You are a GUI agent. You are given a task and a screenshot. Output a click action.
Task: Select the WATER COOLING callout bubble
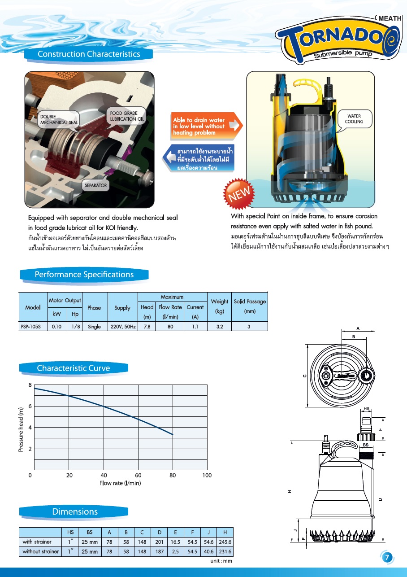point(354,119)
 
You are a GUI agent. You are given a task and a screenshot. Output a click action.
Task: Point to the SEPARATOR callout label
point(95,185)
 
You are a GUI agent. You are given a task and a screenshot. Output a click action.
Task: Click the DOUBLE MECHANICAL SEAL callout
point(59,119)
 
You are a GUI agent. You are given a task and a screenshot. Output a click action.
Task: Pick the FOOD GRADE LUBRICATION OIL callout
point(127,116)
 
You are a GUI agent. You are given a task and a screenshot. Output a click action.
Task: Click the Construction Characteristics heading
point(89,54)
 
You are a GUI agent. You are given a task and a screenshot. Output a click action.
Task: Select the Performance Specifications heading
point(84,275)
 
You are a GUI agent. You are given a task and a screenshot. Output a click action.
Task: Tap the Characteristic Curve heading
point(73,368)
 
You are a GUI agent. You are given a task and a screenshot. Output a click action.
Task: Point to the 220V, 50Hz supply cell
point(122,327)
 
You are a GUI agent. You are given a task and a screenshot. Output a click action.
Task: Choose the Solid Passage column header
point(250,306)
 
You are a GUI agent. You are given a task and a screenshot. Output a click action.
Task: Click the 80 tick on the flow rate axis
point(173,475)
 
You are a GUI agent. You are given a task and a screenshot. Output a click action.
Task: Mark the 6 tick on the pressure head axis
point(30,406)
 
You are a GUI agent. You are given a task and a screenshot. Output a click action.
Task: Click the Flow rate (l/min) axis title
point(120,483)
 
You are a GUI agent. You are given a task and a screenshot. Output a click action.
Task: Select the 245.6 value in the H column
point(225,542)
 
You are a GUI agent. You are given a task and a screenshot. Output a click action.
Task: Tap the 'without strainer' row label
point(40,551)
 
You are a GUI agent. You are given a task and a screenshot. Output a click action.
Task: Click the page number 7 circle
point(387,558)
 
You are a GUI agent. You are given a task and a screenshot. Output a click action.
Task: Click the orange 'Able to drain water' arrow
point(206,127)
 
